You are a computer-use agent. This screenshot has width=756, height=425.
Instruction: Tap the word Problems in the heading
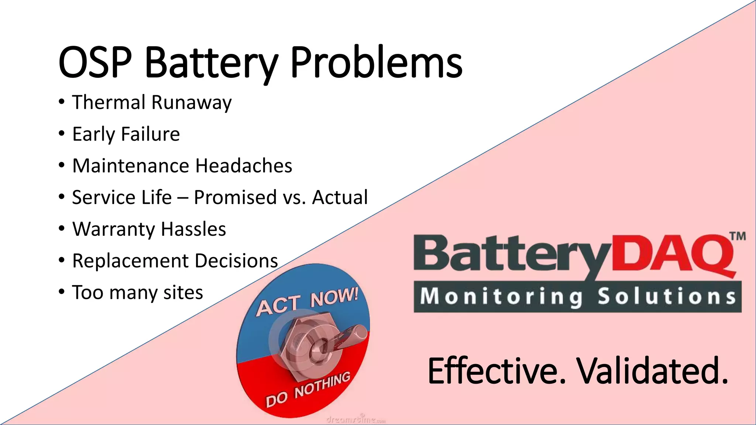click(x=377, y=63)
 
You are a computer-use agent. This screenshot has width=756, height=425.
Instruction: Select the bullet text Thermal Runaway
click(x=152, y=102)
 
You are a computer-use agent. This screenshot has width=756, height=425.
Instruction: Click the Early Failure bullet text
click(x=126, y=134)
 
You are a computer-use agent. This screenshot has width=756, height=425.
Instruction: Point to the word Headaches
click(x=244, y=166)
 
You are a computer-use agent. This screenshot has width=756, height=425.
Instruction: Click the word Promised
click(x=235, y=197)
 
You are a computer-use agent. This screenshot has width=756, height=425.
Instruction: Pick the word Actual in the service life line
click(x=340, y=197)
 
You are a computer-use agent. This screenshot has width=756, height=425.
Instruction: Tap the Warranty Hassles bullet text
click(x=149, y=229)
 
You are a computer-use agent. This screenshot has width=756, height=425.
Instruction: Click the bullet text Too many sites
click(x=137, y=293)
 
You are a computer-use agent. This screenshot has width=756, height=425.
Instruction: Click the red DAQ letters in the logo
click(x=672, y=255)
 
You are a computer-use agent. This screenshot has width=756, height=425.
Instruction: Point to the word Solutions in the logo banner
click(x=666, y=297)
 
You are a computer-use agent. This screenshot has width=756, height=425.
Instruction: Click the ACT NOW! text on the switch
click(x=307, y=302)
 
